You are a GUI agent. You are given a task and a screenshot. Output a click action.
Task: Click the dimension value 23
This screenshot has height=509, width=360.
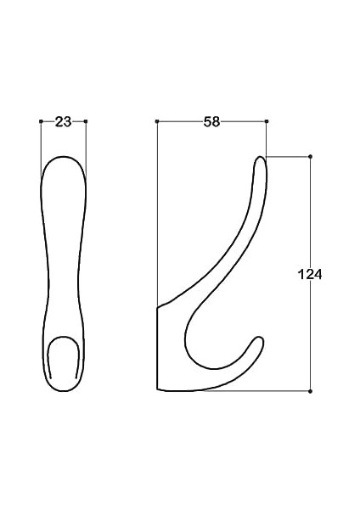(63, 122)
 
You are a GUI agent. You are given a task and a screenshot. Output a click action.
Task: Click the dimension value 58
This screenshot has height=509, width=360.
(211, 121)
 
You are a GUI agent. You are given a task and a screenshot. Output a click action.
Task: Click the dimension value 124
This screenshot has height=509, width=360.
(310, 275)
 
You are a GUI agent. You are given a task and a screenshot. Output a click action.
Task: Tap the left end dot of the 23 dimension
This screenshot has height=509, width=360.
(41, 121)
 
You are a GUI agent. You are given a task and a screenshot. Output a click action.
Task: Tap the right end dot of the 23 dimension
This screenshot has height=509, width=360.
(86, 121)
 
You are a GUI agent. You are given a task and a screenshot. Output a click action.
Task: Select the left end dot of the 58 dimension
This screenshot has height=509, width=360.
(157, 121)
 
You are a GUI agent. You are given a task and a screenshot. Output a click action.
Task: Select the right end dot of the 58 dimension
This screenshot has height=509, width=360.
(267, 121)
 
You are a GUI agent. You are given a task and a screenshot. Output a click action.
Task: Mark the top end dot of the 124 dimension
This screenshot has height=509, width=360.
(310, 157)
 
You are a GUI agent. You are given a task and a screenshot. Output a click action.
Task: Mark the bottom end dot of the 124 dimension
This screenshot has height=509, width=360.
(310, 391)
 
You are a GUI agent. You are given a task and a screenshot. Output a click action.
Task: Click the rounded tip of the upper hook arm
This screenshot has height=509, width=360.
(261, 158)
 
